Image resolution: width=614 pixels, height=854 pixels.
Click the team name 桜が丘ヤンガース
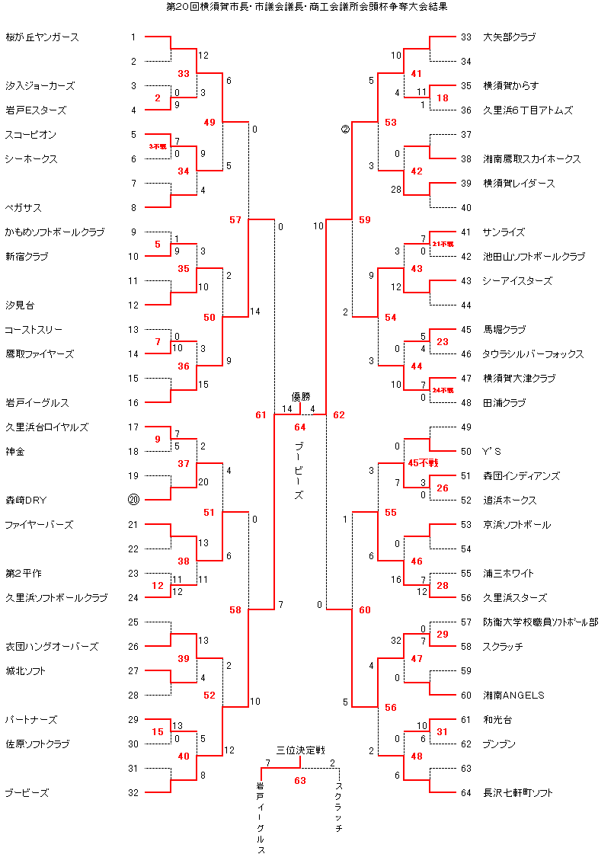click(x=42, y=37)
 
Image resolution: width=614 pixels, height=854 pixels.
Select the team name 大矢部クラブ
click(x=509, y=37)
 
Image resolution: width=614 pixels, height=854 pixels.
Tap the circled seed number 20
click(x=133, y=501)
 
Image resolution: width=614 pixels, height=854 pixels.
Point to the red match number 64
click(x=300, y=427)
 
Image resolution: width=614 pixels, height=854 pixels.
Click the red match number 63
click(x=300, y=780)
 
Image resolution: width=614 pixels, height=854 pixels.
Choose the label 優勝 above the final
click(x=301, y=397)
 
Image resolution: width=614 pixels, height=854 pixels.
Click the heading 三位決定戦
click(x=300, y=750)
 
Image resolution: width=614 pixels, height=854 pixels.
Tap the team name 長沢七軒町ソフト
click(x=518, y=793)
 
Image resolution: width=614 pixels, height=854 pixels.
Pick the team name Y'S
click(x=492, y=452)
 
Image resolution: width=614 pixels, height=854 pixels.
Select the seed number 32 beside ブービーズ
click(x=133, y=793)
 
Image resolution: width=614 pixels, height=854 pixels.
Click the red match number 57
click(x=235, y=220)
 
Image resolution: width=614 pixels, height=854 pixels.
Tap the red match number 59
click(x=364, y=220)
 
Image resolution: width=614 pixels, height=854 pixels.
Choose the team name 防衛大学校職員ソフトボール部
click(x=540, y=622)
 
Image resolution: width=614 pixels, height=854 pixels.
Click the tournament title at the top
click(x=306, y=6)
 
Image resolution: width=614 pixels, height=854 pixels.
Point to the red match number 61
click(x=261, y=415)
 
